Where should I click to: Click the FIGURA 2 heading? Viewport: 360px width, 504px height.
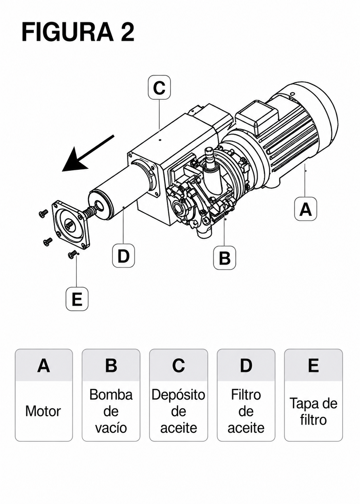coord(78,32)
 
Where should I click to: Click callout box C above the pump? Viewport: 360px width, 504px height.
coord(159,87)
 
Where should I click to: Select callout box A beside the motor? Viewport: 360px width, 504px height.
coord(306,209)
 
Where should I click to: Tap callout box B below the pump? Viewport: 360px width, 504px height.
coord(224,258)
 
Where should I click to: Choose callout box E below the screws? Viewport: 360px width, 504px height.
coord(77,299)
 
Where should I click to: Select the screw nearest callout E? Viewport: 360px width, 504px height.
coord(72,254)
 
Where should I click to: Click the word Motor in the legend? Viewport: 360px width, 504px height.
coord(43,412)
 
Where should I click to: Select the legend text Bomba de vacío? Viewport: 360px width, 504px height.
coord(111,411)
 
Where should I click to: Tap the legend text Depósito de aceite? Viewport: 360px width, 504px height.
coord(178,411)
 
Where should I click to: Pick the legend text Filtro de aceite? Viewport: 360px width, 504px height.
coord(246,411)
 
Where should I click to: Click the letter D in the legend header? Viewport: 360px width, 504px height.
coord(246,366)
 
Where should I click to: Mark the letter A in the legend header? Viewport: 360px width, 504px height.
coord(43,366)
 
